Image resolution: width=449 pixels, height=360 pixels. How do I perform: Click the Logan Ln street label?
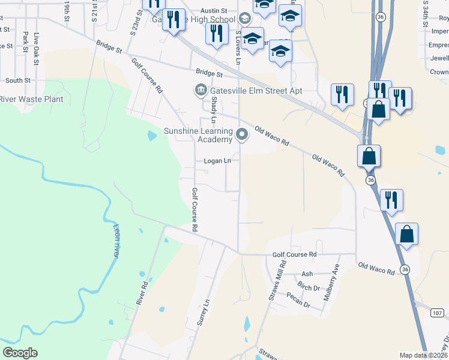pyautogui.click(x=217, y=161)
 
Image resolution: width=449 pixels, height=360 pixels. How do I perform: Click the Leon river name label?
pyautogui.click(x=115, y=239)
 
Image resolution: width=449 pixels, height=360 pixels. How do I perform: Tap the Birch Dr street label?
pyautogui.click(x=309, y=287)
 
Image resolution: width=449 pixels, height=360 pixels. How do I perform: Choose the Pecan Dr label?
pyautogui.click(x=298, y=302)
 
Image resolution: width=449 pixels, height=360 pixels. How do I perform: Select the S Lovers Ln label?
pyautogui.click(x=238, y=47)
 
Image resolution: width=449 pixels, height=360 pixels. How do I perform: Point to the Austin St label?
pyautogui.click(x=214, y=11)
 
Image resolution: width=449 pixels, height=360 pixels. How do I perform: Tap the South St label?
pyautogui.click(x=18, y=80)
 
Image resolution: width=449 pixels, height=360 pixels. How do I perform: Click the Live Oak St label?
pyautogui.click(x=37, y=49)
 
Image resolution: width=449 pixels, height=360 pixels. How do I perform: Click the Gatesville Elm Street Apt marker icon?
pyautogui.click(x=200, y=91)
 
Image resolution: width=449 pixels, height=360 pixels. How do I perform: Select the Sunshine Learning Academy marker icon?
pyautogui.click(x=242, y=134)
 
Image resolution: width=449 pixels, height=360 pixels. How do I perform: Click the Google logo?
pyautogui.click(x=20, y=353)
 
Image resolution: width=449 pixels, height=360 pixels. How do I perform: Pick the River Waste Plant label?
pyautogui.click(x=31, y=99)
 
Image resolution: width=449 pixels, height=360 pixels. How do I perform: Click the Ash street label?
pyautogui.click(x=307, y=273)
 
